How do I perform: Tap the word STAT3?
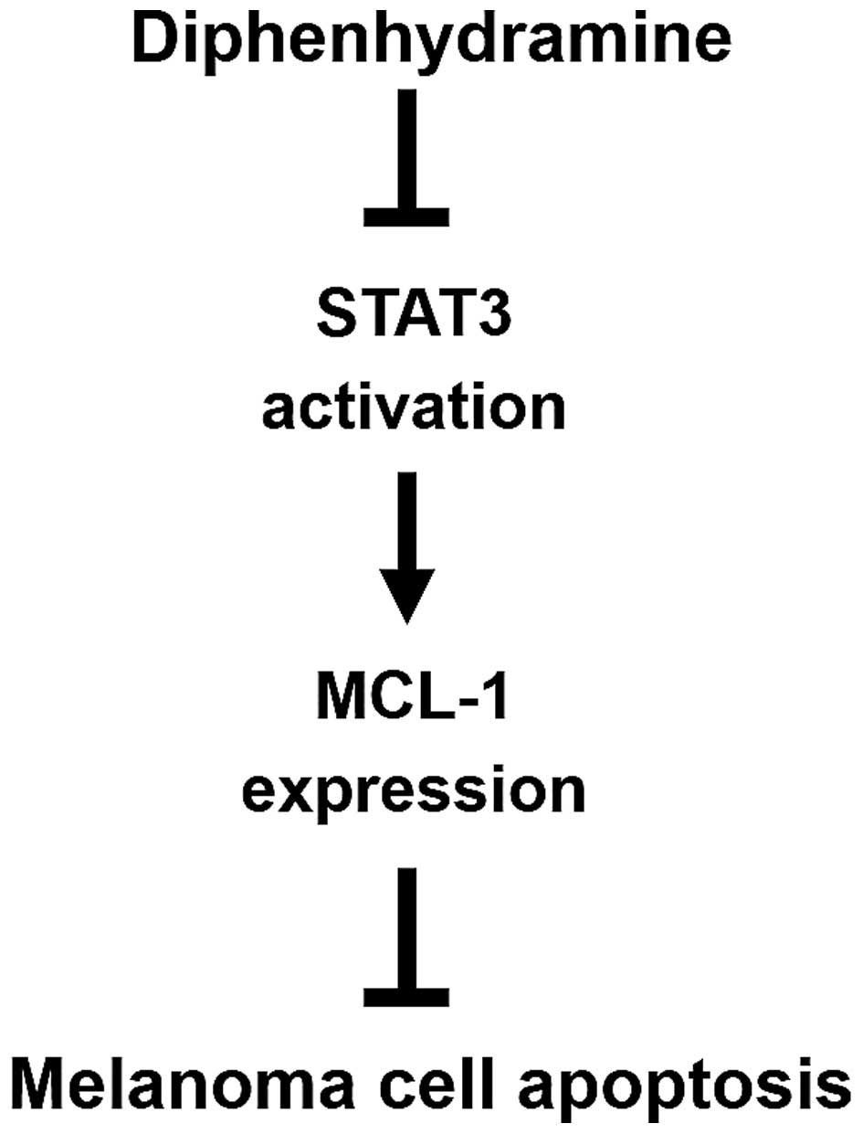(413, 322)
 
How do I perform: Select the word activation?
(413, 408)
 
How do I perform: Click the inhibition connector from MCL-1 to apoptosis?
(407, 932)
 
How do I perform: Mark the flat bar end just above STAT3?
(407, 217)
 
